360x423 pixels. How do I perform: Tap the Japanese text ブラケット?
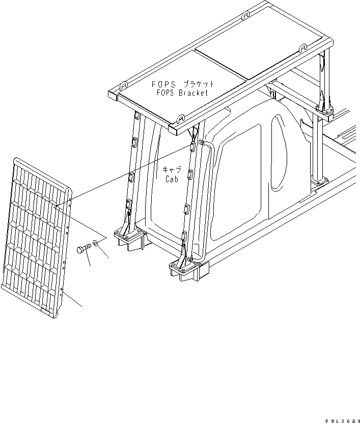198,84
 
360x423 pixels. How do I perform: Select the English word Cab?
172,179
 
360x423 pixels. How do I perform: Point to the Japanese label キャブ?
172,170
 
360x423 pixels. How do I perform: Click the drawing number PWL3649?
341,417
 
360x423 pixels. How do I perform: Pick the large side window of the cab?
236,181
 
